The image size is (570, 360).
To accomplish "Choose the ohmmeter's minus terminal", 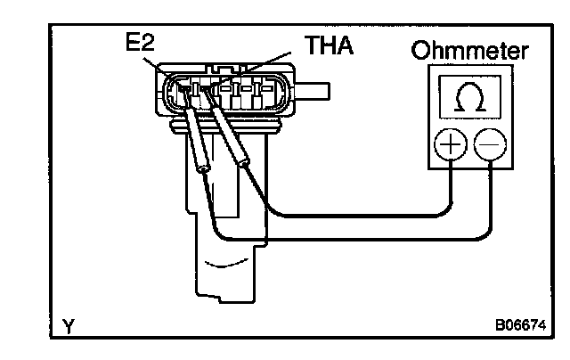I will click(x=488, y=144).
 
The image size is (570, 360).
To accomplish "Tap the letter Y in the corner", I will click(x=69, y=327).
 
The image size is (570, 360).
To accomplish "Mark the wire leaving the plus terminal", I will click(x=356, y=214).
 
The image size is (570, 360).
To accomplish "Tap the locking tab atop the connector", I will click(x=227, y=68).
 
